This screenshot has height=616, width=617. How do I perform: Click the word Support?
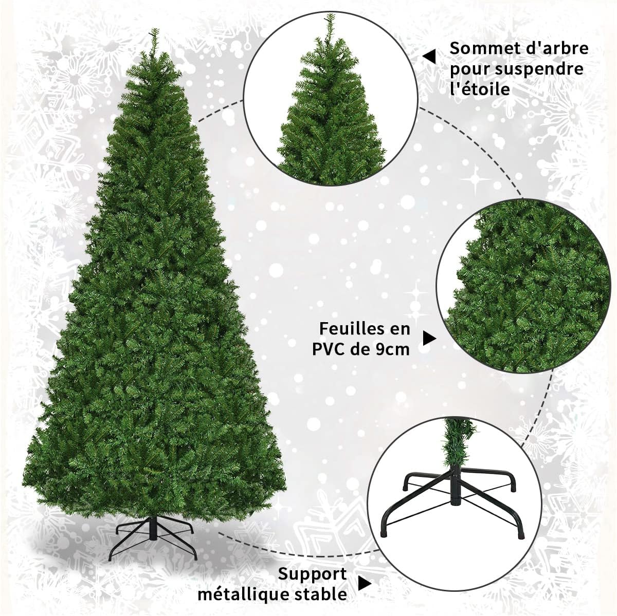(x=313, y=574)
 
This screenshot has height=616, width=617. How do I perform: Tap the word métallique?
(x=245, y=595)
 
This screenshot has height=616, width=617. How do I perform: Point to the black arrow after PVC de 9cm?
(x=429, y=338)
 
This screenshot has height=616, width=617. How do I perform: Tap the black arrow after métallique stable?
(x=365, y=584)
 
